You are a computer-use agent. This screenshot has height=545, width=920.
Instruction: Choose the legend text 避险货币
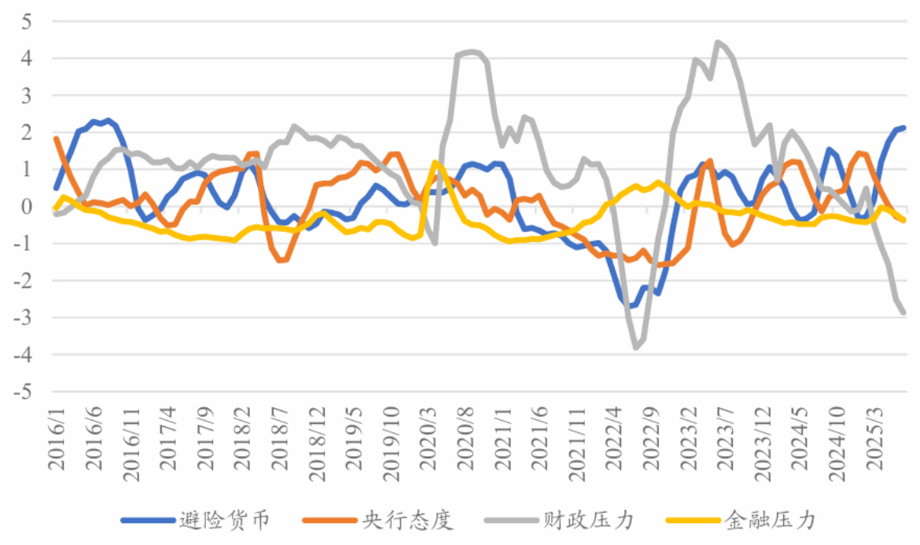coord(226,521)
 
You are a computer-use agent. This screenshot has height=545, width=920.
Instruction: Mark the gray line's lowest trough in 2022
coord(636,347)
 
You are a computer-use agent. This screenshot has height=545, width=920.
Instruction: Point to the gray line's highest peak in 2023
coord(718,42)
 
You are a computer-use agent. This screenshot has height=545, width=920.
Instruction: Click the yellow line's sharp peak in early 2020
coord(435,163)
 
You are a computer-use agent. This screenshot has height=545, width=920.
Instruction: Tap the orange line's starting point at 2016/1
coord(56,138)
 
